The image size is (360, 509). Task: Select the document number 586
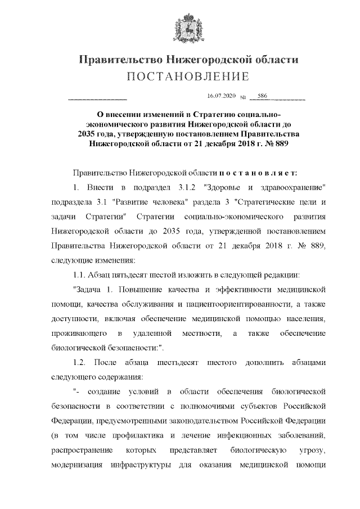pos(262,96)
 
